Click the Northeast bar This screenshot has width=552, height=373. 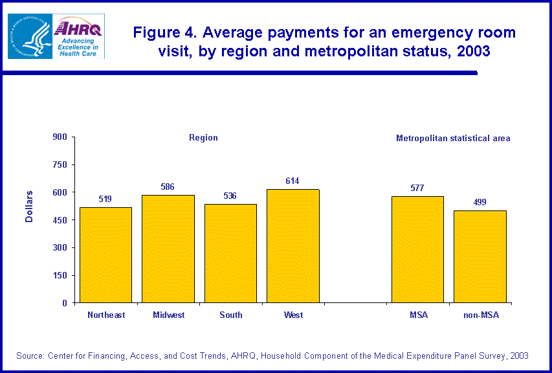[x=105, y=254]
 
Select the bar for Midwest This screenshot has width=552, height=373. [x=168, y=249]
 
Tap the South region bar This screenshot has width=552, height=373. [x=230, y=253]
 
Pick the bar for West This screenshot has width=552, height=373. [x=293, y=245]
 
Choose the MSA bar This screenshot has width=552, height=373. [x=417, y=249]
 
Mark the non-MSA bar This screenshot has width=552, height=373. [x=480, y=256]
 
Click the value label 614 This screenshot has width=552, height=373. [x=293, y=181]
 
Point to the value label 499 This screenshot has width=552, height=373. [x=480, y=202]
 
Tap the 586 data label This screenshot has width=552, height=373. [x=168, y=186]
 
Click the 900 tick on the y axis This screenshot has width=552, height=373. [x=60, y=137]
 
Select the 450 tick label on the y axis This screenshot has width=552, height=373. [x=60, y=220]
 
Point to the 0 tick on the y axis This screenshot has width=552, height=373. [x=63, y=303]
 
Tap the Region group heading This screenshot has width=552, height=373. [x=203, y=137]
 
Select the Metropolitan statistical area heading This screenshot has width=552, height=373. [x=453, y=138]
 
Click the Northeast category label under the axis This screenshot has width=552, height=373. [x=106, y=315]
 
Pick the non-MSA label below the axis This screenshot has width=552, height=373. [x=481, y=315]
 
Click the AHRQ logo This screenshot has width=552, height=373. [x=78, y=36]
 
